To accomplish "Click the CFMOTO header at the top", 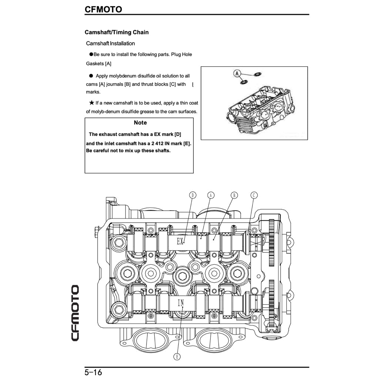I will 103,9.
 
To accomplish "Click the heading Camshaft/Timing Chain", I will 117,32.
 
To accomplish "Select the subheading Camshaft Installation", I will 110,43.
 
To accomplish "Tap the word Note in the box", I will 140,123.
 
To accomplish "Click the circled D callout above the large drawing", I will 192,195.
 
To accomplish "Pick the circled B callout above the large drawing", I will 234,195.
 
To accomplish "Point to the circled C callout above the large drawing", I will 254,195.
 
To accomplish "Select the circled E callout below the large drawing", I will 177,356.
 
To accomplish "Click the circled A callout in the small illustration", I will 237,73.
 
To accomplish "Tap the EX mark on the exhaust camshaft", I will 180,242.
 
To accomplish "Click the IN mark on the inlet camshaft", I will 181,303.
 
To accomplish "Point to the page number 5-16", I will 93,372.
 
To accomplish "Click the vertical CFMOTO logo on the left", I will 75,313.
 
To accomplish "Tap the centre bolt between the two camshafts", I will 182,274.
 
